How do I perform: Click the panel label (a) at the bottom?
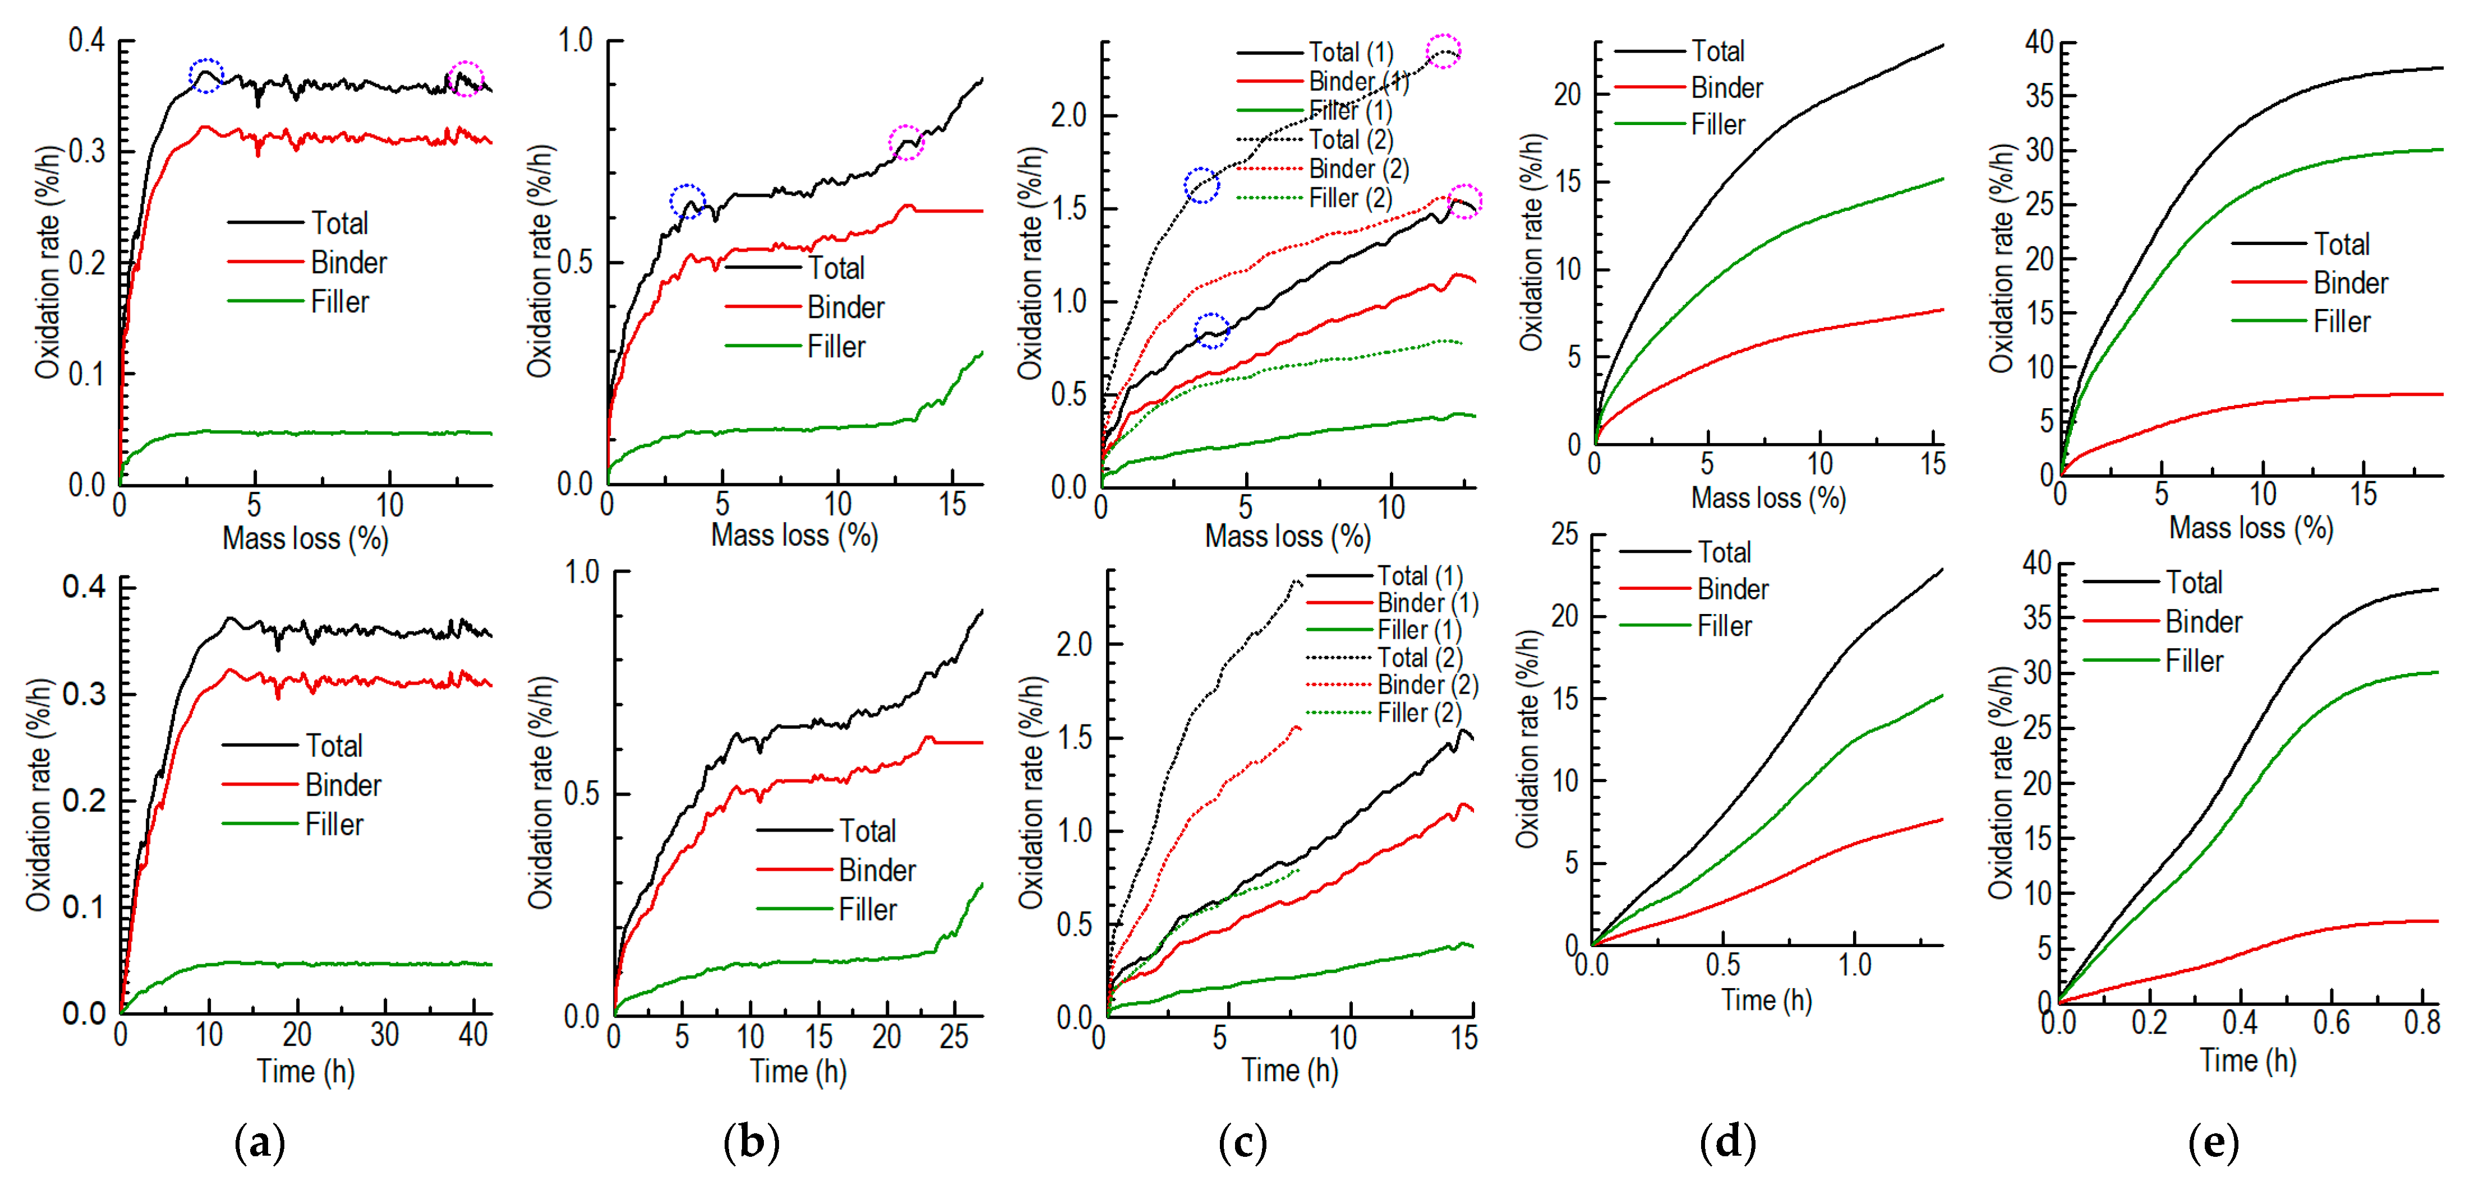(x=259, y=1143)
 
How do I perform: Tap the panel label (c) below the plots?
(x=1243, y=1143)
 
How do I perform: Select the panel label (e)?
(x=2213, y=1143)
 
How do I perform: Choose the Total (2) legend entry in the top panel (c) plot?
(x=1350, y=140)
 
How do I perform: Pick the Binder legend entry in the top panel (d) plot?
(x=1726, y=88)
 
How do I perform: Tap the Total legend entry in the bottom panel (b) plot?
(x=867, y=830)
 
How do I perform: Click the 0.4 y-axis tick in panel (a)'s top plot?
(x=86, y=41)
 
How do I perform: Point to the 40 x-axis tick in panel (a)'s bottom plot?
(x=473, y=1035)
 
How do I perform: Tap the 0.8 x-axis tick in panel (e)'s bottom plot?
(x=2422, y=1023)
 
